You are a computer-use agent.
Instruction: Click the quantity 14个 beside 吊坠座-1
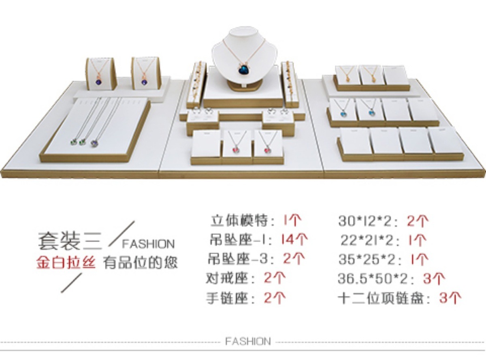click(294, 239)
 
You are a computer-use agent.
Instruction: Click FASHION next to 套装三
click(148, 244)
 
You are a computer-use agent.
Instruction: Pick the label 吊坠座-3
click(236, 259)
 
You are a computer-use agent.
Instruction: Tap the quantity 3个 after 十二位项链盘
click(450, 298)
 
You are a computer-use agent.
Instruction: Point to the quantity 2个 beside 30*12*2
click(418, 221)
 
